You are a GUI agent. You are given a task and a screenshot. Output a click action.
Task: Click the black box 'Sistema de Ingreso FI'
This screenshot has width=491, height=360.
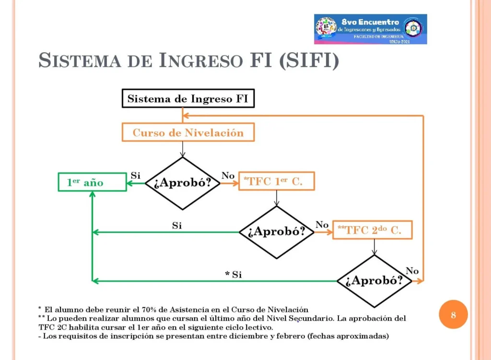point(188,98)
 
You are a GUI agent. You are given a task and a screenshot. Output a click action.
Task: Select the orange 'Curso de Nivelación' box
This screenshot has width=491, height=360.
point(188,132)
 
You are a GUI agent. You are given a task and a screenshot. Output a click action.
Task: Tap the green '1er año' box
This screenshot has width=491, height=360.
point(93,182)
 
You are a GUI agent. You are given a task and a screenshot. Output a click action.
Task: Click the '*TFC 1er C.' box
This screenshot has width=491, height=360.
point(277,181)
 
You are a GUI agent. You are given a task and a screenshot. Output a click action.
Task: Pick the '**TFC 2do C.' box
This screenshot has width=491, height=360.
point(372,230)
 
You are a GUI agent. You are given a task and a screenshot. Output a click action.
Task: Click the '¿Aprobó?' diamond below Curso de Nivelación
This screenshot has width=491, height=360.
point(183,183)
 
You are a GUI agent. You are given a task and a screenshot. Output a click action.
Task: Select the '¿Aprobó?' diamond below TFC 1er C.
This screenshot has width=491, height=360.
point(277,232)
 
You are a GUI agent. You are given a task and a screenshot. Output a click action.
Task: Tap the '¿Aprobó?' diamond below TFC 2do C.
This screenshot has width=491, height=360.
point(374,281)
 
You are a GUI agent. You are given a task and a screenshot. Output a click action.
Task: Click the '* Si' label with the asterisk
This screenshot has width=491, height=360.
point(234,275)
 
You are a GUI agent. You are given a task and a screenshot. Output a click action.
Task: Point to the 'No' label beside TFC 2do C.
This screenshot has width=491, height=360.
point(322,225)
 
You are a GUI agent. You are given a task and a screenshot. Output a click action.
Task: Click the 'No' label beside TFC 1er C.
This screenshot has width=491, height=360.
point(228,175)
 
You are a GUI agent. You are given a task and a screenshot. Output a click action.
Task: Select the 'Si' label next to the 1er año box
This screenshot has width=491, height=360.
point(136,175)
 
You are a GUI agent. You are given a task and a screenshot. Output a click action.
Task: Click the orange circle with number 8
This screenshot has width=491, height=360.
point(453,314)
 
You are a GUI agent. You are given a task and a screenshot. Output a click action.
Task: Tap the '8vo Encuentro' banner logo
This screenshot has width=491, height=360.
point(371,29)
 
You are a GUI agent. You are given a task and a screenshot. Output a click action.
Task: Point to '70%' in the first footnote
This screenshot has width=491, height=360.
point(149,310)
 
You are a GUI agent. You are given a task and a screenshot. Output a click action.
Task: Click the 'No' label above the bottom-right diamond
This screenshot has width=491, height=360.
point(412,271)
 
